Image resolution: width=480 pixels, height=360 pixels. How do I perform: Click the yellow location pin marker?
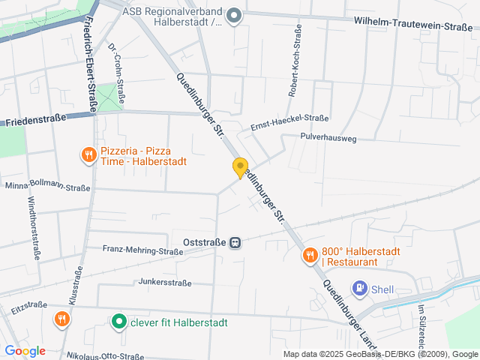pos(240,167)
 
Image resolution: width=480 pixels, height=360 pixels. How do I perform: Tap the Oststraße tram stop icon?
pos(235,243)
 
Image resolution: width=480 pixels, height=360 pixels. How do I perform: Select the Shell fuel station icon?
pos(361,287)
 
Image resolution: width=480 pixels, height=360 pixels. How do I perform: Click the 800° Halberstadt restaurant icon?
pos(310,256)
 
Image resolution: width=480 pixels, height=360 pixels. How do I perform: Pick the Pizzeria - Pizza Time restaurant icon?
pos(88,155)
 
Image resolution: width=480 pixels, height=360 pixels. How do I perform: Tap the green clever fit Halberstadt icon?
pos(118,322)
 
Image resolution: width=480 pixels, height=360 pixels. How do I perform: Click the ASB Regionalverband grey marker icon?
pos(235,15)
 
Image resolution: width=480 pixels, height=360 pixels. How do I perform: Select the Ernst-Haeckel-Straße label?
pos(289,118)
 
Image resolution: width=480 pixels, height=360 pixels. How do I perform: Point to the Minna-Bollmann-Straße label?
pos(47,187)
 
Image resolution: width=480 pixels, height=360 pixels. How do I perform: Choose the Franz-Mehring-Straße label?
pos(142,250)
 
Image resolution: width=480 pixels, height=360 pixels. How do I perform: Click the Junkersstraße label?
pos(165,283)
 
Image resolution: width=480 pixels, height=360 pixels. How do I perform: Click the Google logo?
pos(25,350)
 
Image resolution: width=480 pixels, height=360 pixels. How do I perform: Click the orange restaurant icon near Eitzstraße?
pos(62,319)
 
